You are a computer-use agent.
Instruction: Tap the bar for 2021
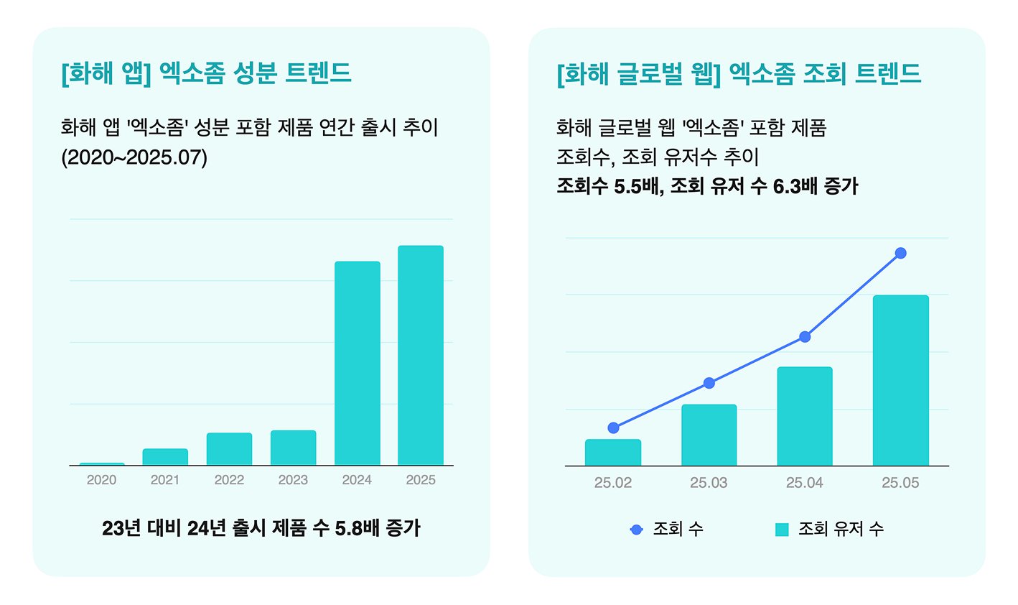pos(165,457)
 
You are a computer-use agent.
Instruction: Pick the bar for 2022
pos(229,449)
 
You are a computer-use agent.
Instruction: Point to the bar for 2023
pos(293,448)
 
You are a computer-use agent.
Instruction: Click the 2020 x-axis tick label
pos(101,480)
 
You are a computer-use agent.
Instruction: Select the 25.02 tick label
pos(613,483)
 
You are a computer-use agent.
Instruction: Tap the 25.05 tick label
pos(900,483)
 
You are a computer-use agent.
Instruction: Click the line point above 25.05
pos(901,253)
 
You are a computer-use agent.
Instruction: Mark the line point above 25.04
pos(805,336)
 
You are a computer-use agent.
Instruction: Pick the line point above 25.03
pos(709,383)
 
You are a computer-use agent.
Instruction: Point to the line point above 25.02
pos(613,428)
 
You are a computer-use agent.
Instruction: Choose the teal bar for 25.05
pos(900,380)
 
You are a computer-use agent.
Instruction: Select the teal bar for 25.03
pos(709,435)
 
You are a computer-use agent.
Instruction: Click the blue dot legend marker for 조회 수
pos(636,530)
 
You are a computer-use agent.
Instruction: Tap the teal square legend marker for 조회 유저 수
pos(782,530)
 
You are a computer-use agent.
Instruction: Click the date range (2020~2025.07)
pos(134,157)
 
